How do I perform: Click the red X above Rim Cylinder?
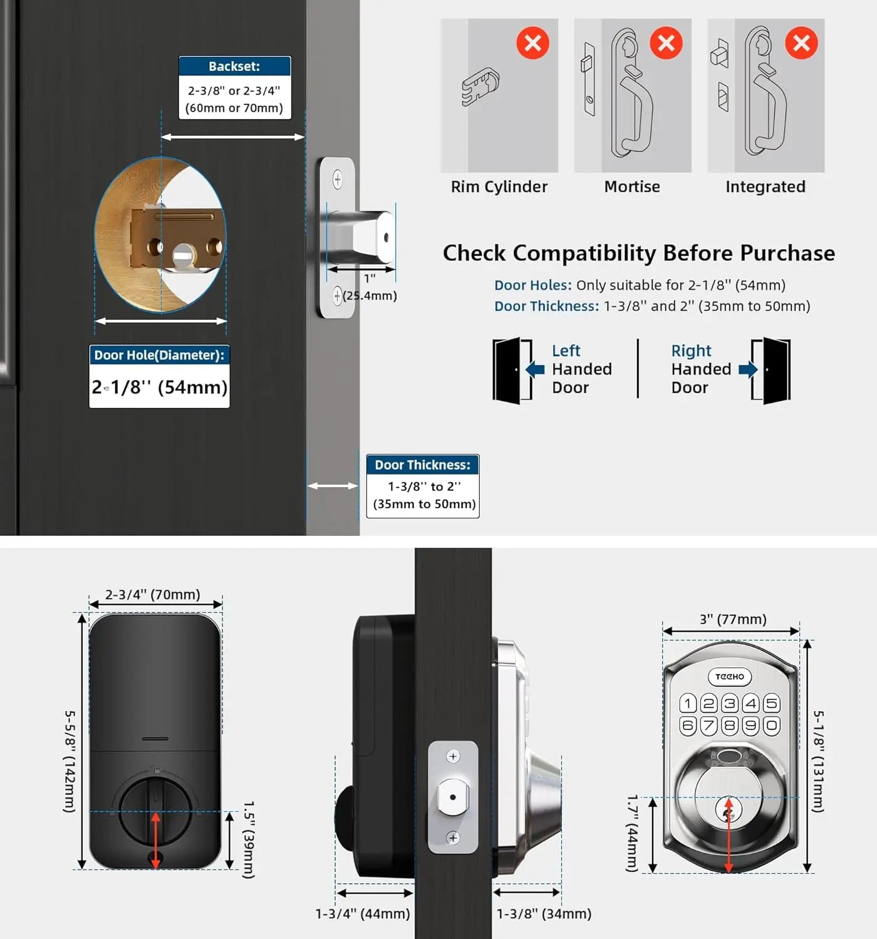tap(532, 43)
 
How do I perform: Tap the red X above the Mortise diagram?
tap(666, 43)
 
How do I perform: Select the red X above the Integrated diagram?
tap(801, 43)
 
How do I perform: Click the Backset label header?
tap(234, 66)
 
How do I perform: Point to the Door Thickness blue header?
tap(423, 465)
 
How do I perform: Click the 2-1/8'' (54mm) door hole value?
tap(160, 387)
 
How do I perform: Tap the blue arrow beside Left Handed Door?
tap(536, 369)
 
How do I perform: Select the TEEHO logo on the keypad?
tap(730, 677)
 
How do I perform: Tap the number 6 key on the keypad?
tap(688, 726)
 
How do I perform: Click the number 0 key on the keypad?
tap(772, 726)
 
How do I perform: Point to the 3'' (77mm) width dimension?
tap(733, 620)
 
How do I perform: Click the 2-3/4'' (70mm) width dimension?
tap(153, 595)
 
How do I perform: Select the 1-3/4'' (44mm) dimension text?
tap(363, 914)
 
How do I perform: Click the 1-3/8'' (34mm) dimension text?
tap(544, 914)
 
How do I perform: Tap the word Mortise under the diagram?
tap(632, 187)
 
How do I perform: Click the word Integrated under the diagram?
tap(765, 187)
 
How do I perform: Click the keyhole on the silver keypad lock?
tap(728, 813)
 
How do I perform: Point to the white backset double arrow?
tap(233, 137)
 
